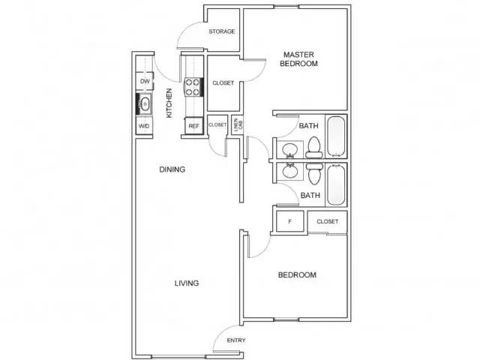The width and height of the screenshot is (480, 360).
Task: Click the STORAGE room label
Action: click(222, 31)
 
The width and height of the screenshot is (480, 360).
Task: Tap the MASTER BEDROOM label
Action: click(298, 59)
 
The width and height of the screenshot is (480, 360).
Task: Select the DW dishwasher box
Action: click(145, 81)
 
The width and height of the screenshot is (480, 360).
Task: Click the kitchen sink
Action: click(145, 104)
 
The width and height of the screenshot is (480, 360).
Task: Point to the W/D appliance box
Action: click(144, 126)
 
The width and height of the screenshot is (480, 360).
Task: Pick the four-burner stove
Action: click(193, 87)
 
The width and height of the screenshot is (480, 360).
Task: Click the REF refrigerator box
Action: click(193, 126)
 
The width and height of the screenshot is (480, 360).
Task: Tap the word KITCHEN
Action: click(169, 103)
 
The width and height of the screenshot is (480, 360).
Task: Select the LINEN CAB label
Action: click(238, 125)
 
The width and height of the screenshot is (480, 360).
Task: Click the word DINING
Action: click(172, 169)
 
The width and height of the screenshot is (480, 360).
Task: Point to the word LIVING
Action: click(187, 283)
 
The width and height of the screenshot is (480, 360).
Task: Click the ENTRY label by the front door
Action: click(236, 340)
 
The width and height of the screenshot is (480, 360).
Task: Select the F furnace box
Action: click(290, 221)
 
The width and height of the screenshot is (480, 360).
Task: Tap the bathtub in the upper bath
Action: click(336, 136)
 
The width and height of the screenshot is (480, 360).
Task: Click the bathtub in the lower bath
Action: click(336, 184)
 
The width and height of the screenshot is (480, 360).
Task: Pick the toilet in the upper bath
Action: click(314, 147)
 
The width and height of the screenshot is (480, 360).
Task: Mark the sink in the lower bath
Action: click(289, 170)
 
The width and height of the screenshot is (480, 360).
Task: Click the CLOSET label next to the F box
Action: click(328, 221)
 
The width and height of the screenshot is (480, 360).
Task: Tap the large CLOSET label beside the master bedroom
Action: click(223, 83)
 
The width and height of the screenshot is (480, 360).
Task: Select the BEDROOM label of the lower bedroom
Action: click(297, 275)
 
